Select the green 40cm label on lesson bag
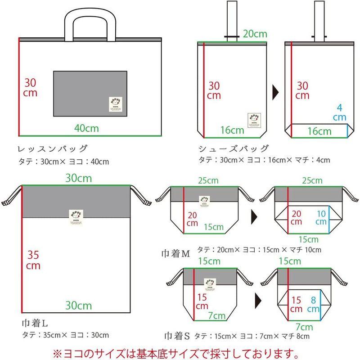click(x=86, y=128)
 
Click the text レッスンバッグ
click(x=52, y=149)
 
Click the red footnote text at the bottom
click(x=180, y=350)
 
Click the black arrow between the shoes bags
click(x=275, y=93)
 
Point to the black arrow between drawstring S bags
click(x=258, y=299)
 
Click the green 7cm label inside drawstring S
click(x=217, y=316)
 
